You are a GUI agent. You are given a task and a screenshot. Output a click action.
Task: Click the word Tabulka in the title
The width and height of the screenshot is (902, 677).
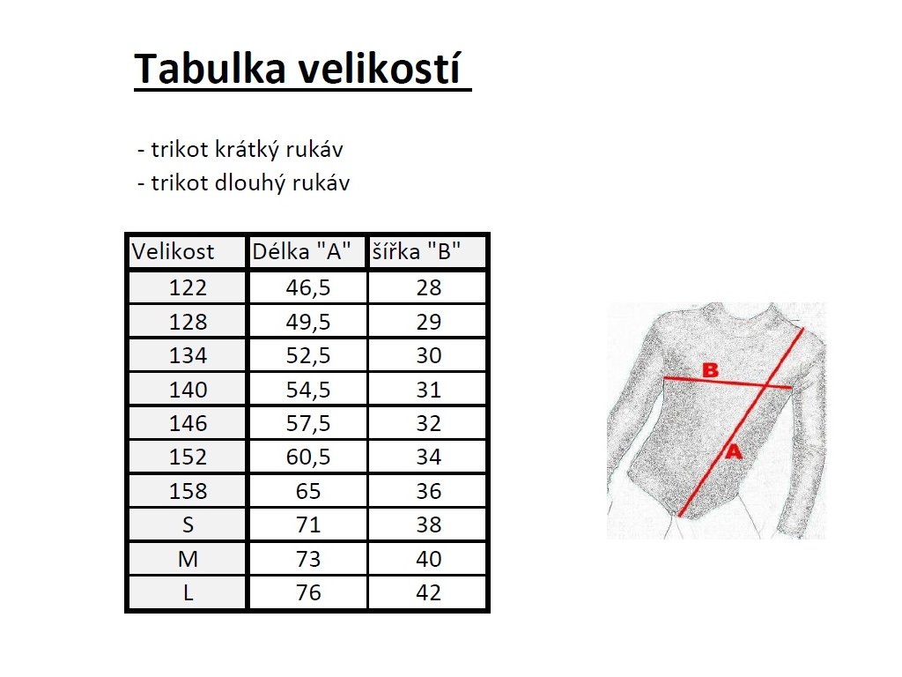click(210, 69)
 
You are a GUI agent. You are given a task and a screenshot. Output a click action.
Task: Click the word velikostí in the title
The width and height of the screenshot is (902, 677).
click(379, 69)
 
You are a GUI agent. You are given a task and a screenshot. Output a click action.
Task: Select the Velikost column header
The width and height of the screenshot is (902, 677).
click(173, 251)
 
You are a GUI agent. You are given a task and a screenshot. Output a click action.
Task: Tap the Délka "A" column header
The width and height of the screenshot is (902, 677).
click(301, 251)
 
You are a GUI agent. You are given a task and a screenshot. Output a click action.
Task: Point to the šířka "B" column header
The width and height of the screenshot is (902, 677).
click(417, 251)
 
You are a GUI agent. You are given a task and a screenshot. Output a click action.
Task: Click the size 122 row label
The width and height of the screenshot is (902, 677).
click(188, 287)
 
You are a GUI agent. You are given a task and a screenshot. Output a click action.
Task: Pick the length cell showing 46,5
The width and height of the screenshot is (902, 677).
click(308, 287)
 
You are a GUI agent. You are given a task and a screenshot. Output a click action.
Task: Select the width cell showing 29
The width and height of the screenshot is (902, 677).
click(429, 321)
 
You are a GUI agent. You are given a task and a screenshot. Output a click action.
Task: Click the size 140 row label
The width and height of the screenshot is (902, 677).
click(188, 390)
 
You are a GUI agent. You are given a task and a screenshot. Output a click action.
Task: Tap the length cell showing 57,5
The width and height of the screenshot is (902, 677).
click(308, 423)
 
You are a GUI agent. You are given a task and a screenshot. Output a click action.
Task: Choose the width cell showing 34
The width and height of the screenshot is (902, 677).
click(429, 457)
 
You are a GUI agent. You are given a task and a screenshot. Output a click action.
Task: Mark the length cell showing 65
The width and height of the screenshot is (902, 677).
click(308, 491)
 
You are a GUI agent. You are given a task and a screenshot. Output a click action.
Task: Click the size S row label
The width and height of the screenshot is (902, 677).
click(188, 524)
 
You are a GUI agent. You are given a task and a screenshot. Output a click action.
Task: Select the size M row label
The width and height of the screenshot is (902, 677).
click(189, 558)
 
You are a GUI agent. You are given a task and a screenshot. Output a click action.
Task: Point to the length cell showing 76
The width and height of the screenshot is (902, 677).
click(308, 592)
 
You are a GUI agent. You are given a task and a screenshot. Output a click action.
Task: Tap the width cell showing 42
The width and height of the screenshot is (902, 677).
click(429, 592)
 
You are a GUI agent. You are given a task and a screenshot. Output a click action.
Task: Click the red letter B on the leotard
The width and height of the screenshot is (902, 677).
click(711, 370)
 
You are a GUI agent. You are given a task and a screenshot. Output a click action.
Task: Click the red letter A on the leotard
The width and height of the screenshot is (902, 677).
click(734, 451)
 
